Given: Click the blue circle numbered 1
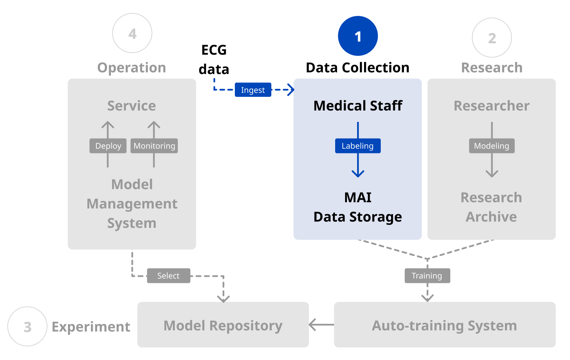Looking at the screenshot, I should (x=358, y=36).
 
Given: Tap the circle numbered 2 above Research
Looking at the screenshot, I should (x=492, y=38).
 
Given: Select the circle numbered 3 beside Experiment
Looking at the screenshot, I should (x=27, y=327).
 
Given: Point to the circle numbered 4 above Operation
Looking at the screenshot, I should (x=132, y=33).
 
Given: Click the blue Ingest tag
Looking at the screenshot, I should (x=253, y=90).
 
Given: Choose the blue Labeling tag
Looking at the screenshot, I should (x=358, y=146).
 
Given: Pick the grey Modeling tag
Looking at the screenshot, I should (x=492, y=146).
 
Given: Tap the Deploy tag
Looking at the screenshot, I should (x=108, y=146).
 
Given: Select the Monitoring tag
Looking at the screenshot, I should (x=154, y=146).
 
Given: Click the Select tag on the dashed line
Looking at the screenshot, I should (x=168, y=276).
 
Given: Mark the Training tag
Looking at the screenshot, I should (x=427, y=276).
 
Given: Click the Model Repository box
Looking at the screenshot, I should (x=223, y=325).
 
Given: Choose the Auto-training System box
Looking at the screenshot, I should (x=445, y=325).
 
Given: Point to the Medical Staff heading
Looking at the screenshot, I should (x=358, y=106).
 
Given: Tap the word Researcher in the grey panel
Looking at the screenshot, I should (x=492, y=106).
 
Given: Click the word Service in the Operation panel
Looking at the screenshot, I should (x=131, y=106).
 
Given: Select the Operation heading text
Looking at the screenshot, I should (x=131, y=68).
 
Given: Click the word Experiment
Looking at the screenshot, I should (x=91, y=327).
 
